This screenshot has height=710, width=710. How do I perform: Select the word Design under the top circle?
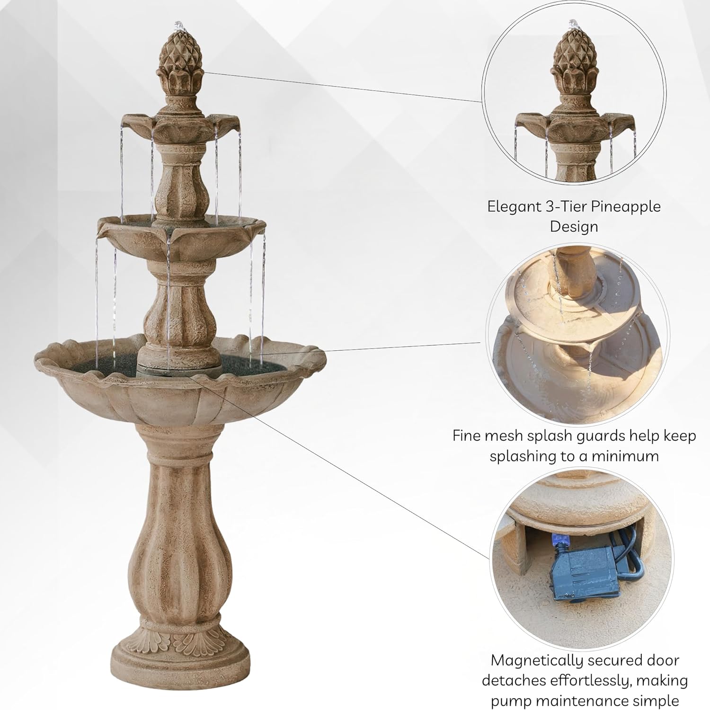574,227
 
